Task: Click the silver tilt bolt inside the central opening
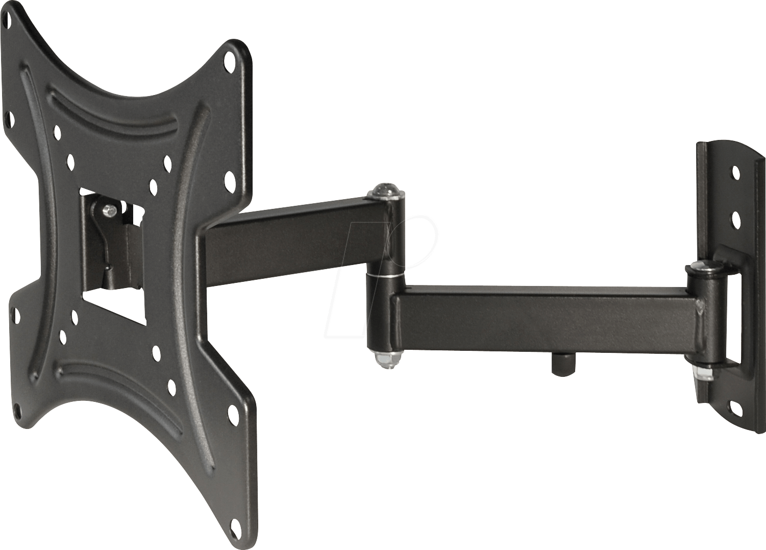click(x=109, y=210)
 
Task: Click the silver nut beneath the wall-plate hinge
click(x=703, y=372)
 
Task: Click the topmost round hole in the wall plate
click(x=735, y=173)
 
